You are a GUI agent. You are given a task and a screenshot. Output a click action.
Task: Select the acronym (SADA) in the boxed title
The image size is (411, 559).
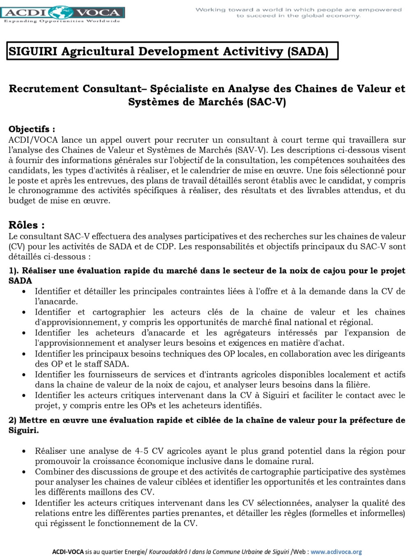coord(308,51)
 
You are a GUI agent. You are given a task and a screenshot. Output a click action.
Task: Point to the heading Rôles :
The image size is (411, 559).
coord(26,225)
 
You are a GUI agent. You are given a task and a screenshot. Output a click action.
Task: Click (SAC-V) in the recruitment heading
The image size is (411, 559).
coord(266,102)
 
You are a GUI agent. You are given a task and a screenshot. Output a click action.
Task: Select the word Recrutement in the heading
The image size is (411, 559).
coord(44,89)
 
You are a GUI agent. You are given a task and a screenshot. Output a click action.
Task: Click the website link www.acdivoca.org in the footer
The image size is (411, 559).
coord(336,552)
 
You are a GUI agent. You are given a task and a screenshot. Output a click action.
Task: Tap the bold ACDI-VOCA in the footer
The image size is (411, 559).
coord(68,552)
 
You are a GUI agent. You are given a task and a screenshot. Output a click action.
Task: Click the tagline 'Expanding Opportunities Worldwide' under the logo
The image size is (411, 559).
coord(62,21)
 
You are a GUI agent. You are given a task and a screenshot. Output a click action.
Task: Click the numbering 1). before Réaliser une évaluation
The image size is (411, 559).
coord(14,270)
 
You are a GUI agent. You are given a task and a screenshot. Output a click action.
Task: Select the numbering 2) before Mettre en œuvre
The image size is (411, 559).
coord(12,420)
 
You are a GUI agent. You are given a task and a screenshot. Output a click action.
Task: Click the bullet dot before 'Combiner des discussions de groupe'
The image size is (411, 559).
coord(25,472)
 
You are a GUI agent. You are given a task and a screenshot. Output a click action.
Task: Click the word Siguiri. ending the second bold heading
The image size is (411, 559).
coord(23,430)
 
